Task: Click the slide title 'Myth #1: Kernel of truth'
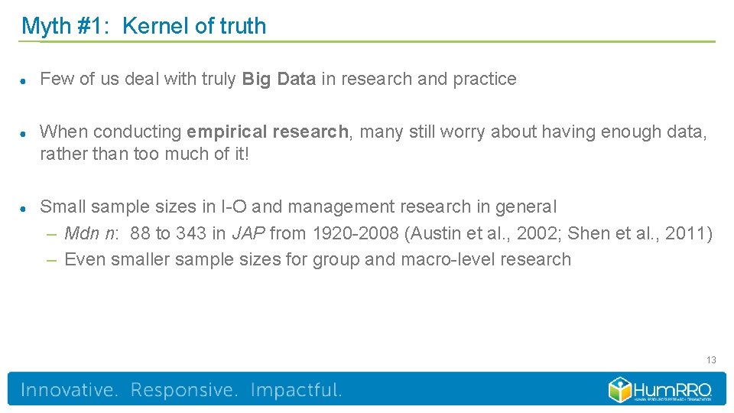(144, 26)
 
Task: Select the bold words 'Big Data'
(278, 79)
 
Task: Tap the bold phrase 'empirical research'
(267, 132)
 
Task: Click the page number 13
(711, 360)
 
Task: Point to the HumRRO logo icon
(620, 389)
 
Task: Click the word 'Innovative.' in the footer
(70, 390)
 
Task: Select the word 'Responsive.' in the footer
(184, 390)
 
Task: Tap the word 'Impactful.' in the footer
(296, 390)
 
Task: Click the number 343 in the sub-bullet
(190, 233)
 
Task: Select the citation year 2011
(685, 233)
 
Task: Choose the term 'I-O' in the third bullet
(234, 206)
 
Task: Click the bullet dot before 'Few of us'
(24, 80)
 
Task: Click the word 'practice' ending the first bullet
(485, 79)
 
